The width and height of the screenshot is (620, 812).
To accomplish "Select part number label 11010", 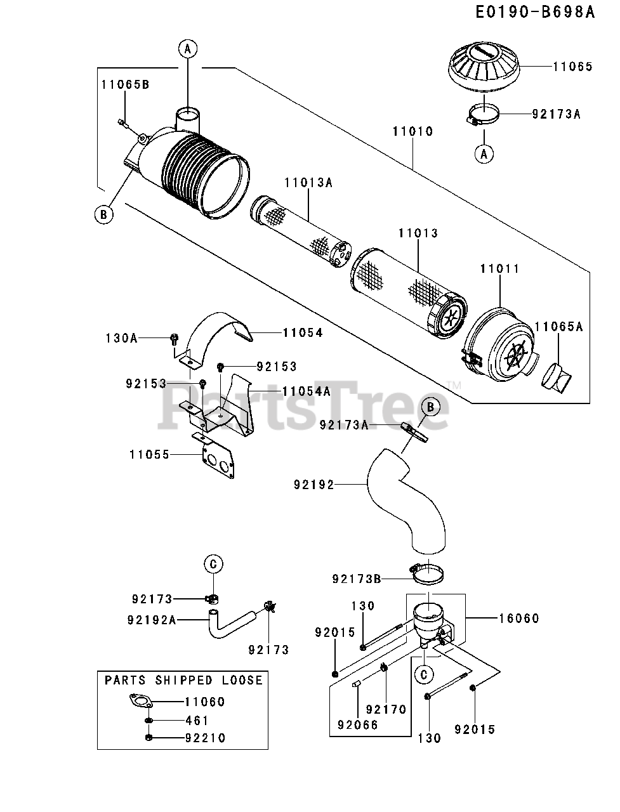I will [x=412, y=131].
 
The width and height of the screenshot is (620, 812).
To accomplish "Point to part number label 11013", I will [x=418, y=233].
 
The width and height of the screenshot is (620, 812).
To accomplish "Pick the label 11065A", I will [x=558, y=327].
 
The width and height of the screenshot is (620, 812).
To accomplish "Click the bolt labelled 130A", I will [x=175, y=339].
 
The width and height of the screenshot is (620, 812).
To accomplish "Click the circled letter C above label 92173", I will [x=213, y=563].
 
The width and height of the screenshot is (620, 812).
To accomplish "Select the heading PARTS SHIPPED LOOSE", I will [x=183, y=680].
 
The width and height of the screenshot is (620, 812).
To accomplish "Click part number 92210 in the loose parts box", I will [x=206, y=738].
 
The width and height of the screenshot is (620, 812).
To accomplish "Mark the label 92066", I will [x=358, y=724].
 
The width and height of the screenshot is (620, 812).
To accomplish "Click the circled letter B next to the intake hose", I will [x=430, y=406].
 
